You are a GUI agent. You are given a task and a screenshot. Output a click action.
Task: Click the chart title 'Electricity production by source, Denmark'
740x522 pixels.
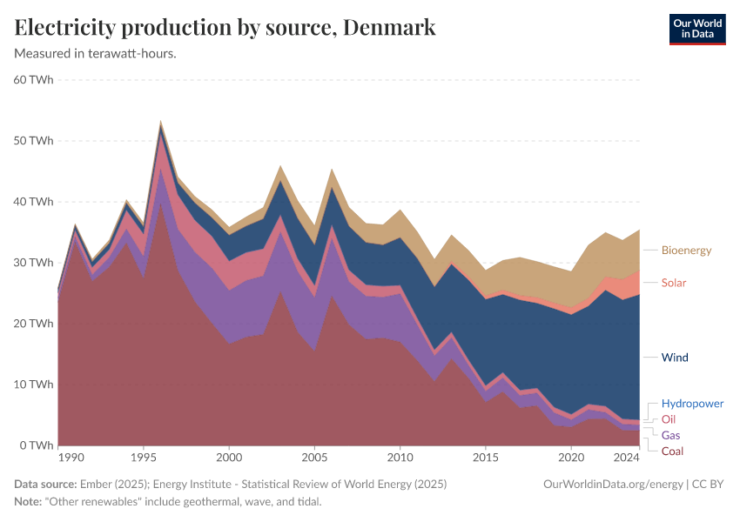click(x=225, y=28)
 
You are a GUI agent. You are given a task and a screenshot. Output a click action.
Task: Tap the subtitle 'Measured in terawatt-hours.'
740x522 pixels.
click(x=96, y=53)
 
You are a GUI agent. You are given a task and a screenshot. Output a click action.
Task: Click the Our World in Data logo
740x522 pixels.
click(x=696, y=29)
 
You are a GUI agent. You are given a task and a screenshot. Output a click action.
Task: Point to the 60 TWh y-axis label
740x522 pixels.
click(x=34, y=80)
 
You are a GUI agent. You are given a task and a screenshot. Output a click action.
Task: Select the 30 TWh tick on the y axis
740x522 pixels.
click(x=34, y=263)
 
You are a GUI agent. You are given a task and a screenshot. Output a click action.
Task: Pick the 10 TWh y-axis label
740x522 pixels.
click(x=34, y=385)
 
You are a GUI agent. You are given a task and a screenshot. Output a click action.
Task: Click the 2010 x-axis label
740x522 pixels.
click(x=400, y=457)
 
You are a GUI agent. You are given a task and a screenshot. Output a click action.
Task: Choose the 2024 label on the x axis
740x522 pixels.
click(x=627, y=457)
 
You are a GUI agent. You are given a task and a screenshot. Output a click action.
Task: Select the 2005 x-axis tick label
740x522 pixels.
click(x=314, y=457)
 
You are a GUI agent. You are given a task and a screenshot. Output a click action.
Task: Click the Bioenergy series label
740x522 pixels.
click(x=687, y=251)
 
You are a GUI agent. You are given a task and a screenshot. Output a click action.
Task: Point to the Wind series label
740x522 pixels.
click(x=675, y=358)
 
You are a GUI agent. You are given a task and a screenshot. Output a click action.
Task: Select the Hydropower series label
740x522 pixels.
click(x=692, y=404)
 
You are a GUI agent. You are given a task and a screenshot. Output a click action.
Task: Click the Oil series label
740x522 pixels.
click(x=669, y=419)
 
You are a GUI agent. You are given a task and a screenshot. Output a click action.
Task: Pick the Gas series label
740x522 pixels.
click(x=671, y=435)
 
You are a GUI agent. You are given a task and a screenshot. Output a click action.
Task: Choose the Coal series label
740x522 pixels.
click(x=672, y=451)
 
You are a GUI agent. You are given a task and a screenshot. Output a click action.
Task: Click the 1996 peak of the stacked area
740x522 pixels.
click(x=161, y=123)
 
